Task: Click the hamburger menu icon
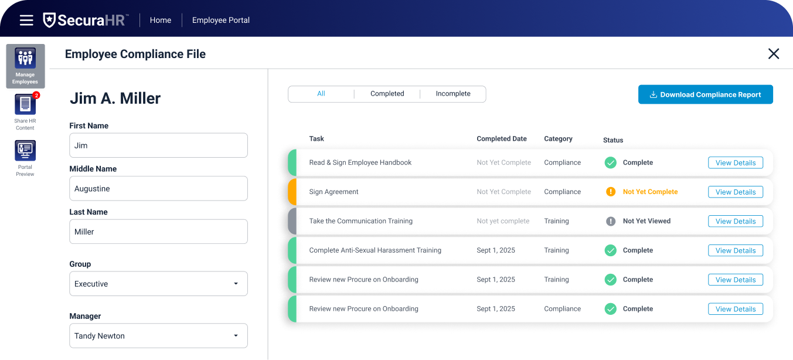pos(26,21)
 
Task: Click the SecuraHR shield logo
pos(50,20)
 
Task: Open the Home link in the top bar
pos(161,21)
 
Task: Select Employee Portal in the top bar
pos(221,21)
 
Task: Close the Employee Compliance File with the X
pos(774,54)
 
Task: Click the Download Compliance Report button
pos(705,94)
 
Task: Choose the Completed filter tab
pos(387,94)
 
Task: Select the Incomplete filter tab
pos(453,94)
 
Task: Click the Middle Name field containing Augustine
pos(158,189)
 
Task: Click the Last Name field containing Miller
pos(158,232)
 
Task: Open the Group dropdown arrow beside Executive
pos(236,284)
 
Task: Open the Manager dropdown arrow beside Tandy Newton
pos(236,336)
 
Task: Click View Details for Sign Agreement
pos(736,192)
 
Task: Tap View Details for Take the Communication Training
pos(736,222)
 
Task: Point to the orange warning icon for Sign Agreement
pos(611,192)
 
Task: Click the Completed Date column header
pos(502,139)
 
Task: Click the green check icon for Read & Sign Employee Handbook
pos(611,163)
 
